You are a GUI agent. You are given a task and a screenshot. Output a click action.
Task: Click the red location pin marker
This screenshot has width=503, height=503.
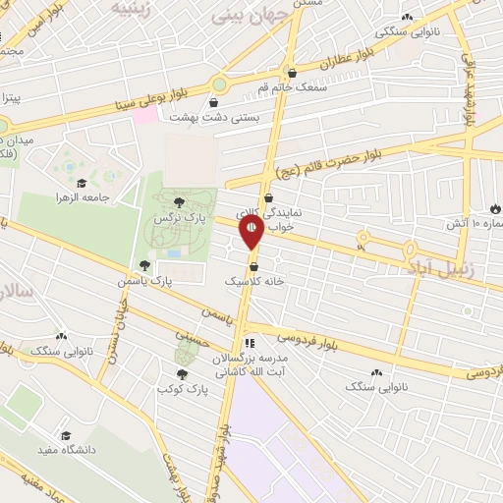252,232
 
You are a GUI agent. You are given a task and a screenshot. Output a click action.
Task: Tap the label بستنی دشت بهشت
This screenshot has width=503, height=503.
207,116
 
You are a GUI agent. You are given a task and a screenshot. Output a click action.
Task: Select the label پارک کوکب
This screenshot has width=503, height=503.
179,389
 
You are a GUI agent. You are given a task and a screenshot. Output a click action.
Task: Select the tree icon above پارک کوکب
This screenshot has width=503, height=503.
181,373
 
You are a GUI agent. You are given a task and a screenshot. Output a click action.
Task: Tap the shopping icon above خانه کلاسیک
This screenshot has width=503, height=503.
253,266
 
